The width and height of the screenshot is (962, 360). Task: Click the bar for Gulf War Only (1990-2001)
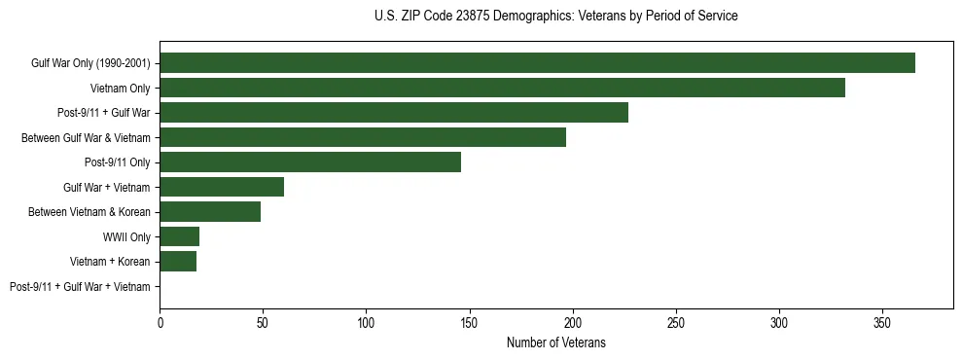(537, 62)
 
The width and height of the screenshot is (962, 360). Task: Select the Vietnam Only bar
(502, 88)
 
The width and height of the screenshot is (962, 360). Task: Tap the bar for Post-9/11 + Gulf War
(394, 113)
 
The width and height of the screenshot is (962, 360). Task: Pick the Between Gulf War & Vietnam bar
(363, 137)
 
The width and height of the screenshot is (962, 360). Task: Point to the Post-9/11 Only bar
(310, 162)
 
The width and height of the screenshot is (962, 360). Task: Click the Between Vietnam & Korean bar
(210, 212)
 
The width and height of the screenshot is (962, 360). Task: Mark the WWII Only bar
(179, 236)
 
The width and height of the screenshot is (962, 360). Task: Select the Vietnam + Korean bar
(178, 262)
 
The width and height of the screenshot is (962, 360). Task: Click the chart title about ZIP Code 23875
(555, 17)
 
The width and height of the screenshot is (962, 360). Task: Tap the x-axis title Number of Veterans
(555, 342)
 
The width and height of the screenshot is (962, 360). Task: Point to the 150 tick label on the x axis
(469, 322)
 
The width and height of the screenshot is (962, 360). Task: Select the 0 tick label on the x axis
(160, 322)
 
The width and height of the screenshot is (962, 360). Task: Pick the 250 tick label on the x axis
(676, 322)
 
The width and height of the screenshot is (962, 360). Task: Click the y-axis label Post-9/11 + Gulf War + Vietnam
(80, 287)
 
